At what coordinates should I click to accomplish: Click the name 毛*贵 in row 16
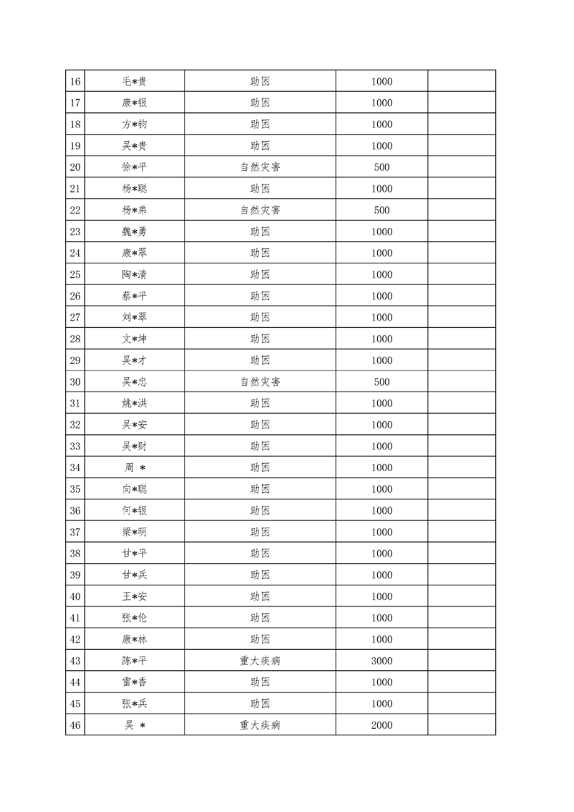point(135,82)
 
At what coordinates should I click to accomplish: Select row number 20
point(75,167)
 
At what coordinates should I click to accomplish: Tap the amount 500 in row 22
point(381,211)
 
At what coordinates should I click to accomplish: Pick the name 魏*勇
point(135,232)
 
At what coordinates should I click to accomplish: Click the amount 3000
point(381,661)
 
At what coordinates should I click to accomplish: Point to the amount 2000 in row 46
point(381,725)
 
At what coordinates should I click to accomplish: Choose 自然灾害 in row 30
point(261,382)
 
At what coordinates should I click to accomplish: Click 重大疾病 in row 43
point(261,661)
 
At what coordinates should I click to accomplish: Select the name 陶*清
point(135,275)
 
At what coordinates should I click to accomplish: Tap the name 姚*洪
point(135,403)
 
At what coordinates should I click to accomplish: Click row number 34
point(75,468)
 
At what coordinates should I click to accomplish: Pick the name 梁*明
point(135,532)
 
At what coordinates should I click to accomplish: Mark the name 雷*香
point(135,682)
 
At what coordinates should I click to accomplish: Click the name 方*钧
point(135,124)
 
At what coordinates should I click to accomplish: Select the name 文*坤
point(135,339)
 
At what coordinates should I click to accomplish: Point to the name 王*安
point(135,596)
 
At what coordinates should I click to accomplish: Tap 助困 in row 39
point(261,575)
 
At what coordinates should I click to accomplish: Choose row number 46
point(75,725)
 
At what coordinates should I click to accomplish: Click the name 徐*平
point(135,167)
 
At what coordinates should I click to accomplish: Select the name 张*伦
point(135,618)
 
